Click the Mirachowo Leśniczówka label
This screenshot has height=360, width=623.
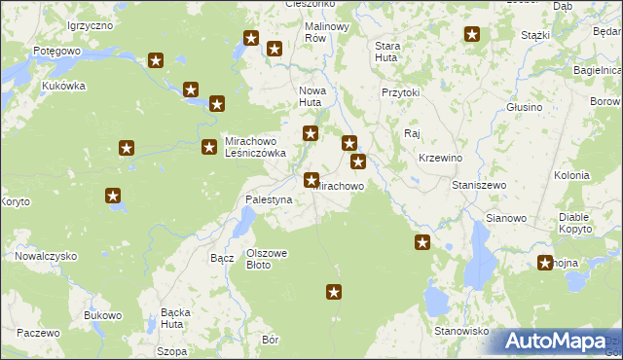255,146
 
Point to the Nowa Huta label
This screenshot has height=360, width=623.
311,96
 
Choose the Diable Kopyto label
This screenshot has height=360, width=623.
581,223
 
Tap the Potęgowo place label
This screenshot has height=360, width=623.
55,50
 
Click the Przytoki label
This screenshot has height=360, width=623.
400,92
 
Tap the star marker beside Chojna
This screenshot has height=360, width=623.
545,262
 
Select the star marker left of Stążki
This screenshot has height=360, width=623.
472,35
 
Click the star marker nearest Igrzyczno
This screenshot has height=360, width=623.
156,60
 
